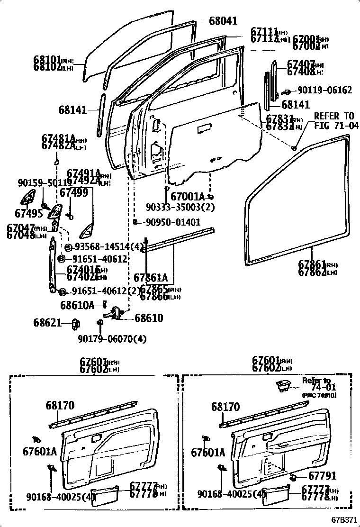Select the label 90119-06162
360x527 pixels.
coord(324,90)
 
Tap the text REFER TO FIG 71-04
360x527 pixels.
coord(334,121)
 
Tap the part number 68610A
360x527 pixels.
coord(77,305)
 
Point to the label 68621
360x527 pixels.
coord(47,323)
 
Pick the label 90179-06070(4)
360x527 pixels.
coord(112,339)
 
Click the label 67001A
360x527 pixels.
coord(188,196)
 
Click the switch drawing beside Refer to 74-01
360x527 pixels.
coord(285,386)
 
